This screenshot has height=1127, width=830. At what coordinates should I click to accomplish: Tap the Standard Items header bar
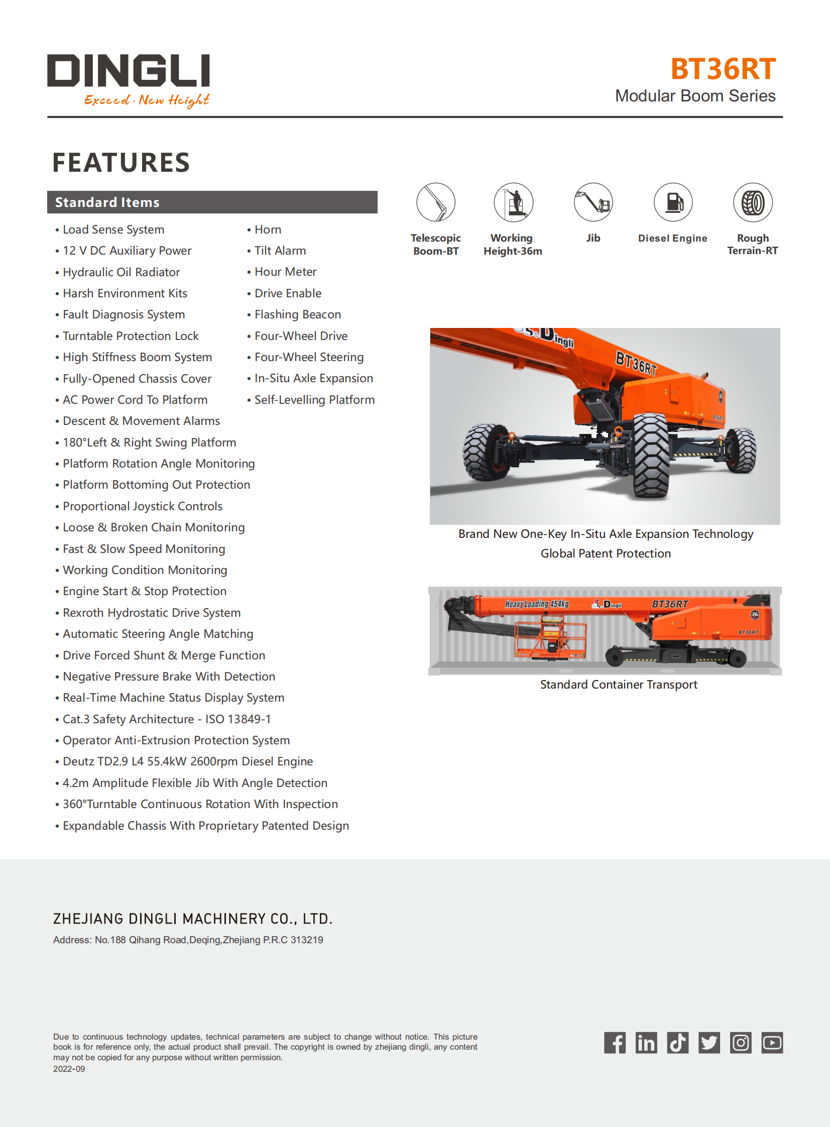212,202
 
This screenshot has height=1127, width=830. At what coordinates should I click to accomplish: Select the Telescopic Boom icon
436,202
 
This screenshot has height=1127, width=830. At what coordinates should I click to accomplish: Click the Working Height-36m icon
513,202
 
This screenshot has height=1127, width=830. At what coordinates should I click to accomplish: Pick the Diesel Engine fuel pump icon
673,202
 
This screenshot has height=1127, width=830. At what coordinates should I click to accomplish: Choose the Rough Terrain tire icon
752,202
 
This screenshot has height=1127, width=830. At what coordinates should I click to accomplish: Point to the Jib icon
593,202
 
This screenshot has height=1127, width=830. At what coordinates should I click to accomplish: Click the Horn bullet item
267,230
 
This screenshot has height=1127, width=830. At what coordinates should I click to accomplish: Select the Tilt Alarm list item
280,251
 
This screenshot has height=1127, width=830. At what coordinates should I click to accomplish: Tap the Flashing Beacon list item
297,314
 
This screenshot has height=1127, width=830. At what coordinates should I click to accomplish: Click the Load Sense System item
113,230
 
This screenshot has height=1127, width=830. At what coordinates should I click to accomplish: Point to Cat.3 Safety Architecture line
166,719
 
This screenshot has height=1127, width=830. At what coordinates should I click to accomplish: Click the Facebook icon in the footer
615,1043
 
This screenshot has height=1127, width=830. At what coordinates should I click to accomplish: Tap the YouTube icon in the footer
772,1043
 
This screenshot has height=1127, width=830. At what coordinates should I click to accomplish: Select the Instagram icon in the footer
741,1043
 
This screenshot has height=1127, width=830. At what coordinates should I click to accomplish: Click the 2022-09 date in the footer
69,1069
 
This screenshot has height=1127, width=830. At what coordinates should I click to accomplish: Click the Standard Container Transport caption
619,685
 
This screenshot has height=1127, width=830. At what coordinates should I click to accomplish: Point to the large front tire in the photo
651,455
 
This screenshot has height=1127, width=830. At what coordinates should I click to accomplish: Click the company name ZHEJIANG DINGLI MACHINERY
192,919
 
